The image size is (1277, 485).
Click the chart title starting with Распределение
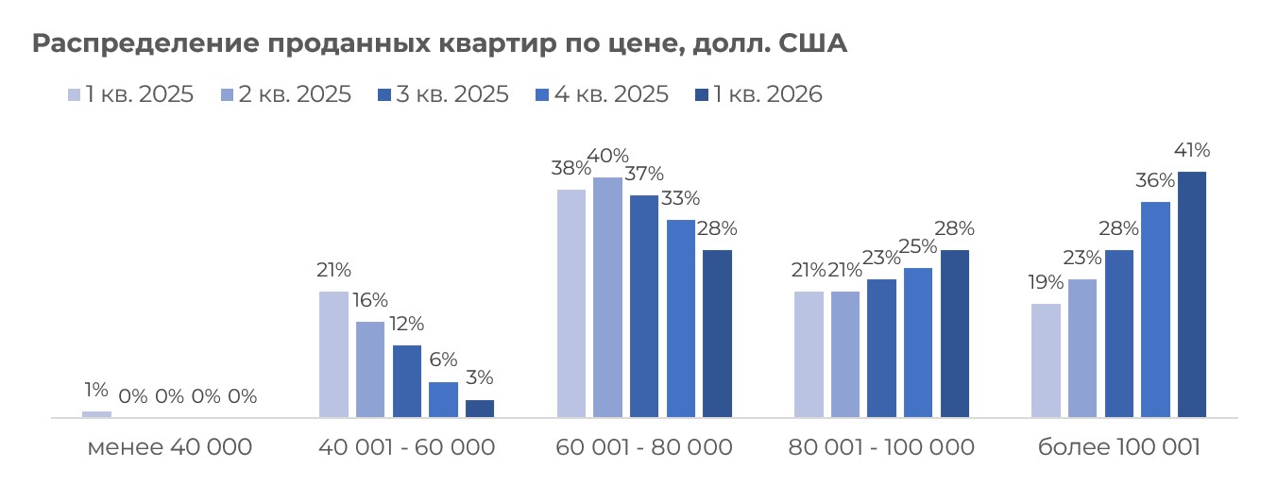point(439,44)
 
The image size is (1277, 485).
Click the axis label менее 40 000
point(170,447)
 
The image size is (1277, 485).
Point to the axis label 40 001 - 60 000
point(406,447)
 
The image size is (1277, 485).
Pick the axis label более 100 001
point(1118,447)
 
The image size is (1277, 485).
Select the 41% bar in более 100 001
point(1192,294)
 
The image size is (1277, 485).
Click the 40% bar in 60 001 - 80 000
point(608,297)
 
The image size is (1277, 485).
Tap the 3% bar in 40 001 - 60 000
point(480,409)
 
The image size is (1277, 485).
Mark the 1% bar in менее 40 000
point(96,414)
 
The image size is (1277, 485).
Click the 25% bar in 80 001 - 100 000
point(917,343)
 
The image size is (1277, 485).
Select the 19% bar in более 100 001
point(1046,360)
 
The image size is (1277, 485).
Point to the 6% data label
point(443,360)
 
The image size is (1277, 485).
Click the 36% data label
point(1155,180)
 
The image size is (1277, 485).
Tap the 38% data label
point(571,169)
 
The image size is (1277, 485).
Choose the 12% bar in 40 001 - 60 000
point(407,381)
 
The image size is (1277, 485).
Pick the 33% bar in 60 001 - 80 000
point(681,318)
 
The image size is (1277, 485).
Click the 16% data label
point(370,300)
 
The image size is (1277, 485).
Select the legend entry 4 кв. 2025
point(601,94)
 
